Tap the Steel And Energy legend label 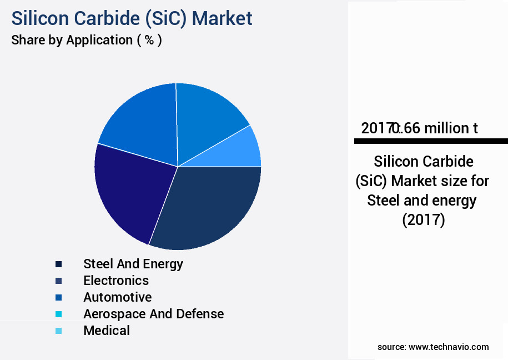click(x=133, y=263)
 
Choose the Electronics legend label click(x=116, y=280)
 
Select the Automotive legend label click(x=117, y=297)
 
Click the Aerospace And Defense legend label click(x=153, y=314)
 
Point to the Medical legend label click(x=107, y=331)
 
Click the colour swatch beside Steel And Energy click(x=58, y=264)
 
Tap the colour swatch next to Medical click(x=58, y=331)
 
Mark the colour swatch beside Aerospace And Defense click(x=58, y=314)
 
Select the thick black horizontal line click(x=431, y=141)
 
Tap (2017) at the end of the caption click(x=423, y=219)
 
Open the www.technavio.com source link click(x=449, y=347)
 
